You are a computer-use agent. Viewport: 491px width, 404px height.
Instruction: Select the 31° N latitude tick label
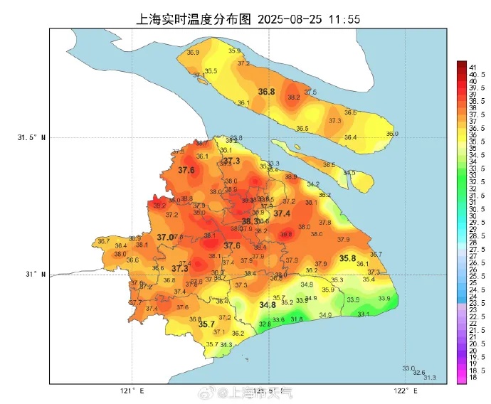35,274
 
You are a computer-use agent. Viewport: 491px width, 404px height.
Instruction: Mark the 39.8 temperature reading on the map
286,234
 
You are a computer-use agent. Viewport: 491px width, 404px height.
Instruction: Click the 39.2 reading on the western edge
159,205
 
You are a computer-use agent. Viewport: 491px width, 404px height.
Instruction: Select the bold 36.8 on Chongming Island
266,92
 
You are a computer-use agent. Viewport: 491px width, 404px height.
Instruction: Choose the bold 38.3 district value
250,221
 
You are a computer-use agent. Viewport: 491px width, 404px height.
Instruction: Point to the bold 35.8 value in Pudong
347,258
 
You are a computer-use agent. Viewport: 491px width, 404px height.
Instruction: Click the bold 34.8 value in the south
267,305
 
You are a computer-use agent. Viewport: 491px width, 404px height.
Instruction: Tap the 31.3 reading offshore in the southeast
430,377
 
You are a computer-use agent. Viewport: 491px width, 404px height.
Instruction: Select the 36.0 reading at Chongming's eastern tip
392,134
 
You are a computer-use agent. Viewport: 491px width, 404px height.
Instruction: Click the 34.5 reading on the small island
349,173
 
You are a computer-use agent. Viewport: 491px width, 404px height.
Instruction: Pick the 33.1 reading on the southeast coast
363,314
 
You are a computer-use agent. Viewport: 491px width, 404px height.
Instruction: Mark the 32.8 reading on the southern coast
264,324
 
